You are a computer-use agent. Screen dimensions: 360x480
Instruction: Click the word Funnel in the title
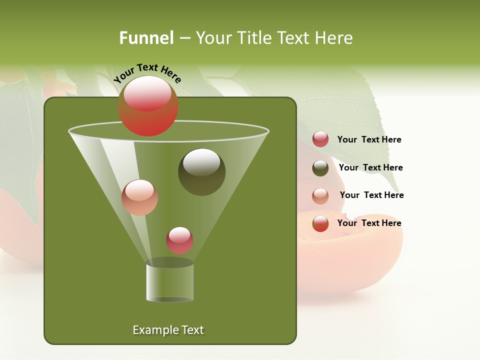(x=146, y=37)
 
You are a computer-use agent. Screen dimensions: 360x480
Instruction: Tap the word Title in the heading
(x=254, y=37)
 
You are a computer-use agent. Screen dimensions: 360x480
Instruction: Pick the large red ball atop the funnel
(x=147, y=106)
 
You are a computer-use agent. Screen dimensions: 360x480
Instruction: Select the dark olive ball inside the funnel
(x=201, y=172)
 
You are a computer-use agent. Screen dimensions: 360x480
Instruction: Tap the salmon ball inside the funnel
(x=139, y=197)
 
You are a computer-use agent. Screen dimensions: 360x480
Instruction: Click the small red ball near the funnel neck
(x=179, y=240)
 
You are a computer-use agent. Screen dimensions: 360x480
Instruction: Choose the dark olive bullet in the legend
(x=320, y=168)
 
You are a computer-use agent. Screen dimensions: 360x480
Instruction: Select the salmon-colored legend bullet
(x=320, y=196)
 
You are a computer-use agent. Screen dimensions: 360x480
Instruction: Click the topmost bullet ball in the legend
(x=320, y=139)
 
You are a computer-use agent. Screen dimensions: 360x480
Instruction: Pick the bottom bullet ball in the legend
(x=320, y=223)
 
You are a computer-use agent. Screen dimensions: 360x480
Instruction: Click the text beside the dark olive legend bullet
(x=370, y=167)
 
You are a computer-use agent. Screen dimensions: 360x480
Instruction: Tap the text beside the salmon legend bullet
(x=371, y=195)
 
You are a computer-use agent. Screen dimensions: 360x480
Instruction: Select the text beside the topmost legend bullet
(x=369, y=139)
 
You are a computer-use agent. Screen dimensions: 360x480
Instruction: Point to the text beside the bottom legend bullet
(x=369, y=223)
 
